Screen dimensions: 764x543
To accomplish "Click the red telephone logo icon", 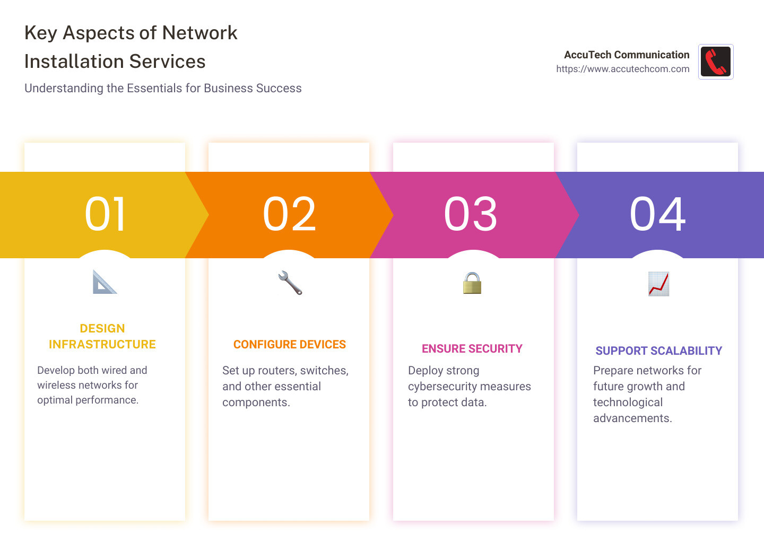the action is tap(715, 62).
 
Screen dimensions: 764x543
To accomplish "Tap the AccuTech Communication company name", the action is tap(626, 55).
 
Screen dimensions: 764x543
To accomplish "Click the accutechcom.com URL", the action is tap(622, 69).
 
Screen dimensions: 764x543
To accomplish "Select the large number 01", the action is tap(105, 214).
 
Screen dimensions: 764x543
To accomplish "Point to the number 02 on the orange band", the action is tap(289, 214).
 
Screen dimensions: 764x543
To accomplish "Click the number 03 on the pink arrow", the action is tap(471, 214).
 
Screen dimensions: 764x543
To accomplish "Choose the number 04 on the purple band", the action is tap(657, 214).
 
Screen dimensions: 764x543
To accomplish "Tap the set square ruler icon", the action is tap(105, 282).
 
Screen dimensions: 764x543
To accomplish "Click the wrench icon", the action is tap(290, 283).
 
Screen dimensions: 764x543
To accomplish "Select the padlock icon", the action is tap(472, 283).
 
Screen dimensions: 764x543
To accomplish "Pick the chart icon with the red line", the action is tap(658, 284).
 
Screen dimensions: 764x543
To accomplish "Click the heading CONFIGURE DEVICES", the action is tap(289, 345).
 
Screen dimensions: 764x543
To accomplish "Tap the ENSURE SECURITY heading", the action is tap(472, 349).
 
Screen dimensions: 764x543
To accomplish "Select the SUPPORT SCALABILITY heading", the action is tap(658, 351).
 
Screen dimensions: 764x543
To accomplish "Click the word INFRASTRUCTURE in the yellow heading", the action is tap(102, 345).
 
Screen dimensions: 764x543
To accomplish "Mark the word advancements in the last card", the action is tap(632, 418).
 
